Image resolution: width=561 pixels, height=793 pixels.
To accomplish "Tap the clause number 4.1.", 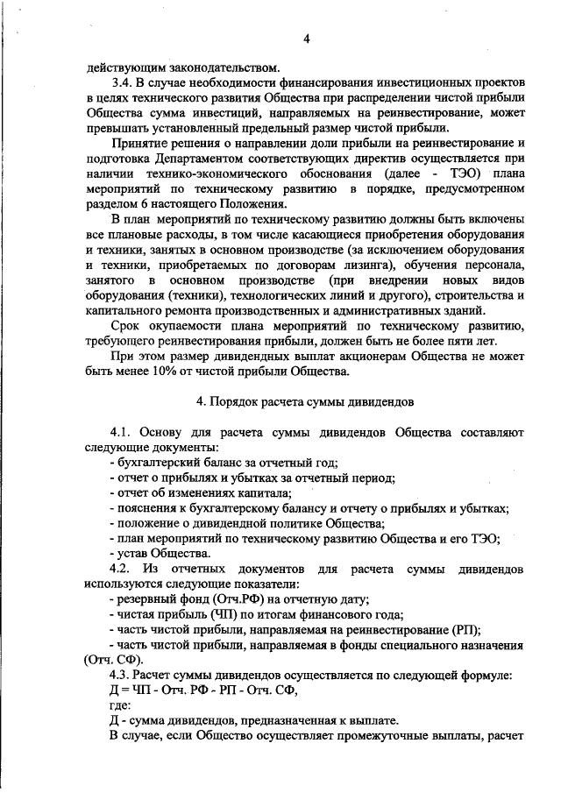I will (x=123, y=432).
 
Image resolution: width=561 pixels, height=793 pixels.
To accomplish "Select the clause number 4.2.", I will (x=123, y=569).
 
